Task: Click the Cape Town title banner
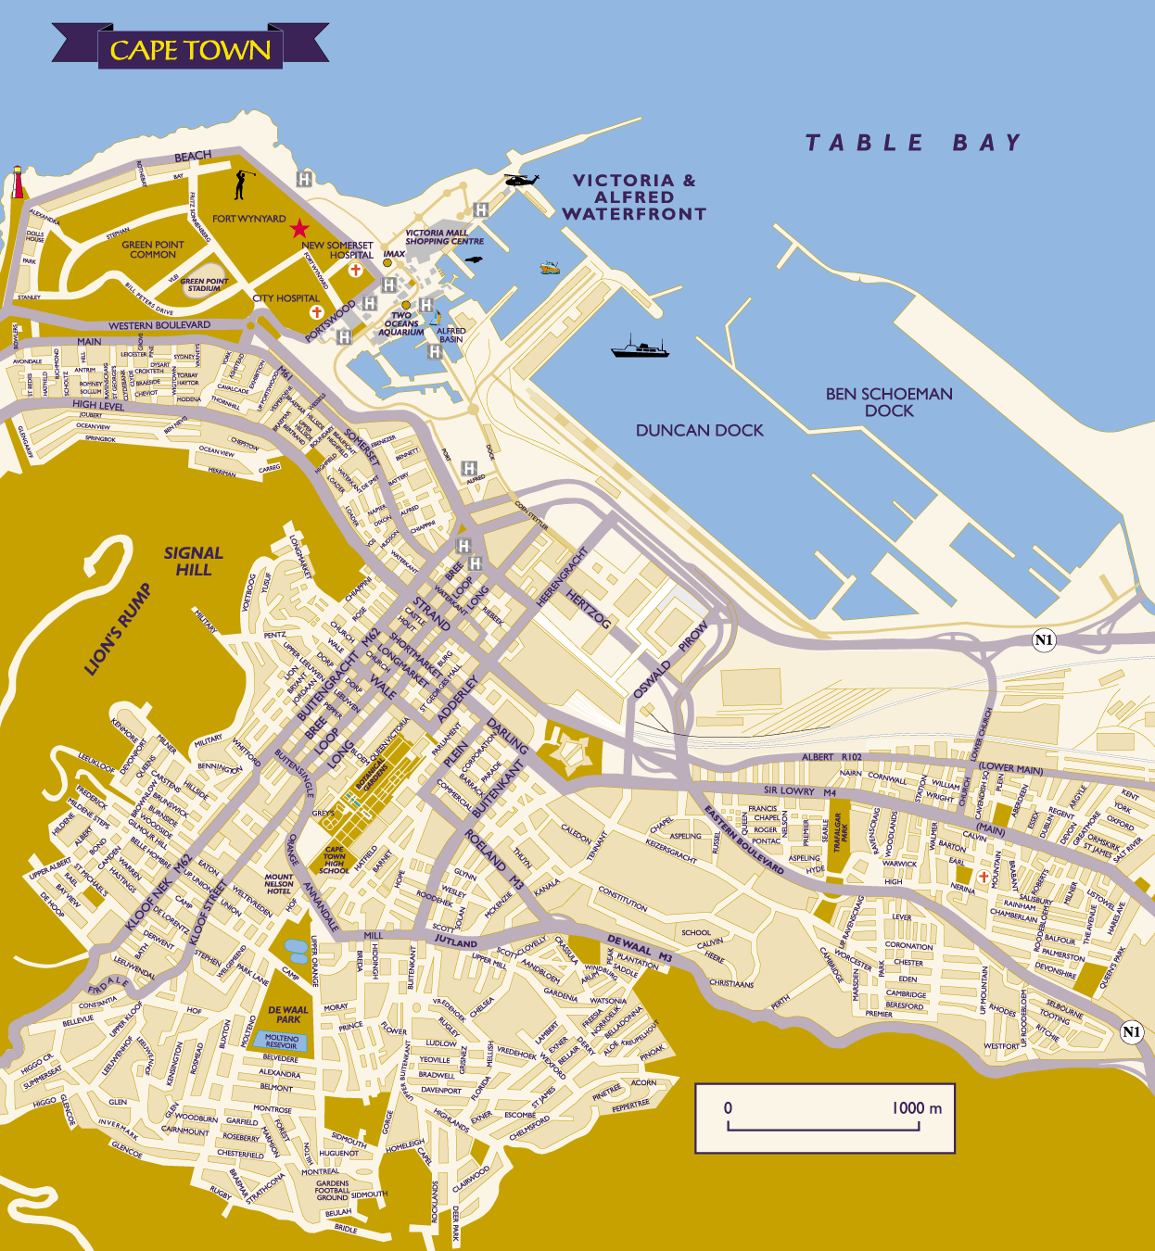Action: [x=190, y=49]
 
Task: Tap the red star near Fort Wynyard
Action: [x=299, y=228]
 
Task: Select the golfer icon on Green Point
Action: [x=241, y=184]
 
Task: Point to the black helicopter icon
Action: [x=521, y=180]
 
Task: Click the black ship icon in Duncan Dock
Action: [x=640, y=348]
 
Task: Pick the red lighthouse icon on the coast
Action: [x=17, y=183]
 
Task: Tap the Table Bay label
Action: [x=912, y=143]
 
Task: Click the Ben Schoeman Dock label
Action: [x=889, y=402]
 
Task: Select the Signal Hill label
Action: [x=193, y=561]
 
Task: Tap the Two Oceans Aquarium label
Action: [x=401, y=323]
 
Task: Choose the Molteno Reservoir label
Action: [x=282, y=1042]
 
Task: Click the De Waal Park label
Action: [x=288, y=1014]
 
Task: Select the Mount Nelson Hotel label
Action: [x=279, y=884]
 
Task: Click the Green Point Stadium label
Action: [x=204, y=284]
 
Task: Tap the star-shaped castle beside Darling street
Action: [x=569, y=754]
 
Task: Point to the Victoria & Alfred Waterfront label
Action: [x=634, y=197]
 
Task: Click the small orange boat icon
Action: [x=550, y=268]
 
